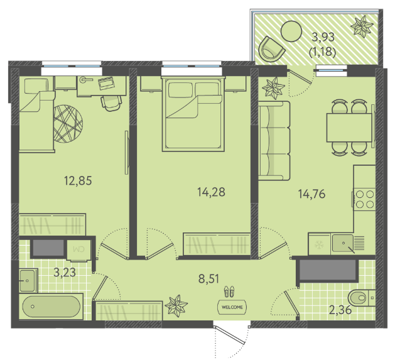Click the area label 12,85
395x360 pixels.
click(x=78, y=181)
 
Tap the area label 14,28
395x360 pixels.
click(x=211, y=192)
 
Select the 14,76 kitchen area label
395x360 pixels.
click(x=311, y=194)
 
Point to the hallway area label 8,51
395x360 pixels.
click(x=209, y=279)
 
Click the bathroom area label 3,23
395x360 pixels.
click(x=65, y=273)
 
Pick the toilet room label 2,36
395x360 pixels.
click(x=340, y=310)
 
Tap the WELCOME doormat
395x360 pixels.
click(x=232, y=307)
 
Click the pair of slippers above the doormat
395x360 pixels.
click(x=229, y=291)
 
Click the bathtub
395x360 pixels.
click(x=51, y=307)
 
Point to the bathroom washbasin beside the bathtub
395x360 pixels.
click(x=28, y=280)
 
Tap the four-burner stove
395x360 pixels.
click(x=364, y=199)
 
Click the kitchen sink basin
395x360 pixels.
click(x=343, y=243)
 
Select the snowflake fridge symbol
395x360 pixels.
click(x=319, y=244)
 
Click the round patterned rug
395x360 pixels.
click(x=68, y=124)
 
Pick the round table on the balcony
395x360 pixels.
click(x=291, y=31)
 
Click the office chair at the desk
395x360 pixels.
click(x=111, y=103)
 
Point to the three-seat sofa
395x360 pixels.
click(x=274, y=141)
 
